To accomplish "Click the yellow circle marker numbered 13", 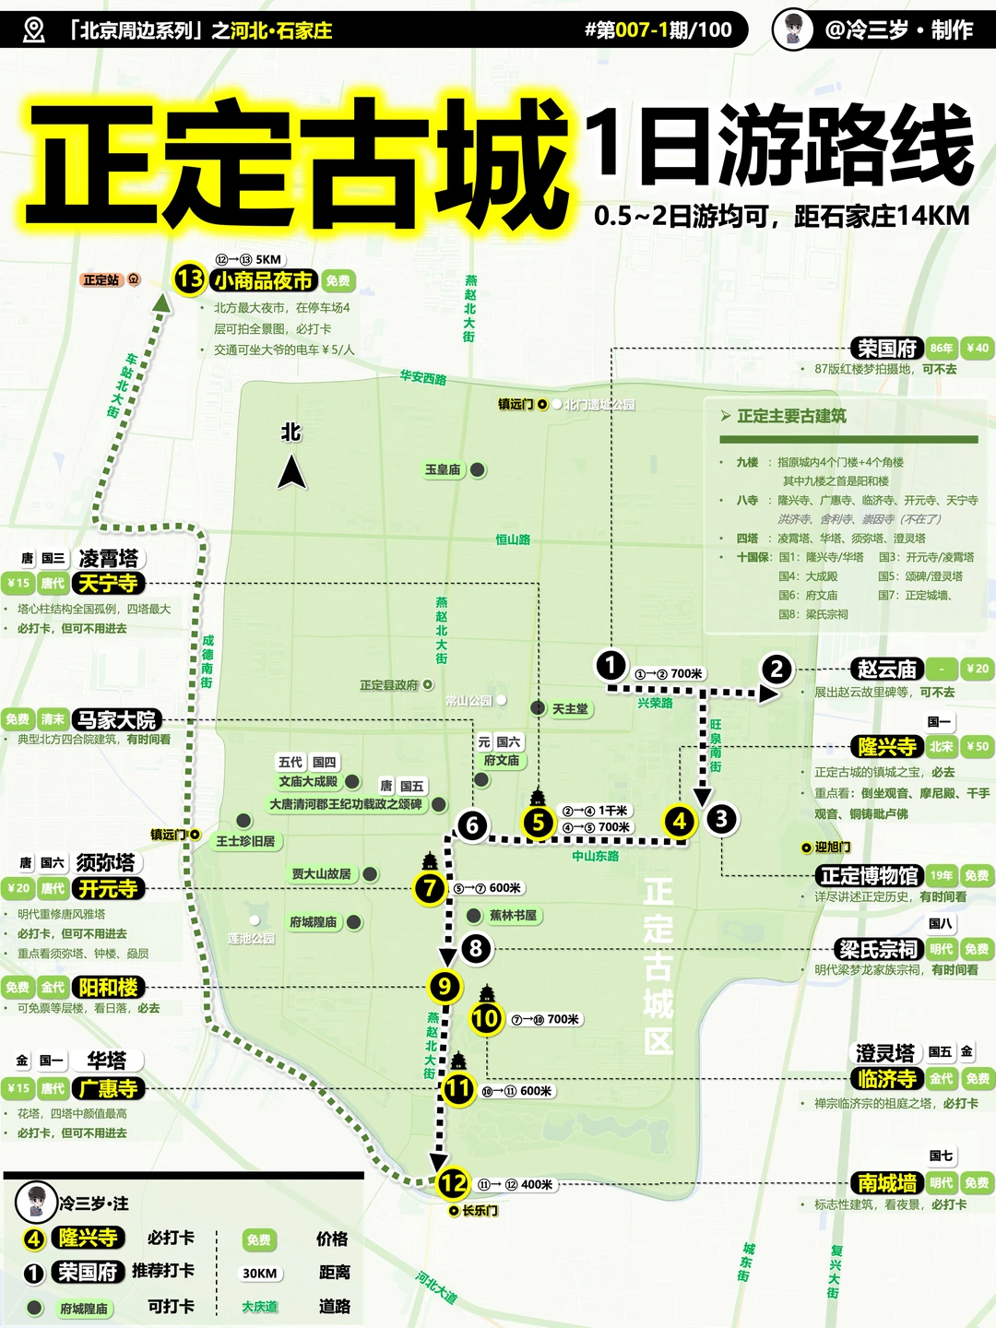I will click(x=189, y=279).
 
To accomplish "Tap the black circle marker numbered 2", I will click(x=777, y=669).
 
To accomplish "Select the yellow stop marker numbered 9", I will click(x=445, y=987).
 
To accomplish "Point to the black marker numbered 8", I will click(x=476, y=947).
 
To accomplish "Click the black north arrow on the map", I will click(x=291, y=473).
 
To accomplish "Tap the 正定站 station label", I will click(x=101, y=279).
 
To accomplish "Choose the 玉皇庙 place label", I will click(x=443, y=469).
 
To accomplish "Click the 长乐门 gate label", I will click(x=480, y=1210).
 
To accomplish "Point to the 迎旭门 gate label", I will click(x=832, y=847).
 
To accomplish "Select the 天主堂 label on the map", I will click(x=570, y=708).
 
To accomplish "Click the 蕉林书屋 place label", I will click(x=513, y=915).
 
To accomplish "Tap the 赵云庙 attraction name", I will click(x=886, y=669).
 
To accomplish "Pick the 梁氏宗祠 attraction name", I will click(x=878, y=949).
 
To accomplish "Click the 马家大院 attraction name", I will click(x=117, y=719).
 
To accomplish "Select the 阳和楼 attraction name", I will click(x=108, y=987).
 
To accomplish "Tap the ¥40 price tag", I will click(x=977, y=348).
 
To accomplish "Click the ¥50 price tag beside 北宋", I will click(x=977, y=746).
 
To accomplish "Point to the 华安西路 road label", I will click(x=423, y=377).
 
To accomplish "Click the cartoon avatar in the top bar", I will click(x=792, y=30).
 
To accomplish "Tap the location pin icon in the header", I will click(x=33, y=30).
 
